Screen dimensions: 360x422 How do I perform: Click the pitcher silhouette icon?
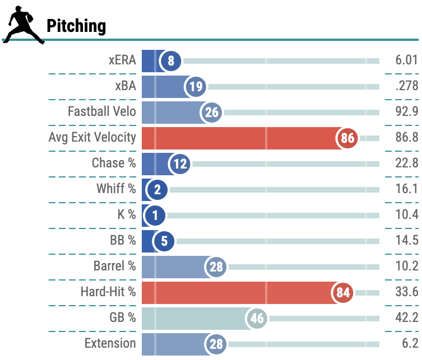(23, 26)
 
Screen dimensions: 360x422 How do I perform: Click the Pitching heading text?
(76, 26)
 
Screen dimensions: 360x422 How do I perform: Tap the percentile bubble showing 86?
(347, 138)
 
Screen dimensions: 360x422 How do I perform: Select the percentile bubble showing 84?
(343, 293)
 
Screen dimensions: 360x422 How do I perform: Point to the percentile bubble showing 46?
(257, 319)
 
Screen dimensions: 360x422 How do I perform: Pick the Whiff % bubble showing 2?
(156, 190)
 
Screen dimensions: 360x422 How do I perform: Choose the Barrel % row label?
(114, 266)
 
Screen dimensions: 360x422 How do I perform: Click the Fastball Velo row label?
(101, 111)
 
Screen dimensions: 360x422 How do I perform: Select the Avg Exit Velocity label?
(92, 137)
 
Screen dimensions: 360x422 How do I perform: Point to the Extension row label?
(110, 343)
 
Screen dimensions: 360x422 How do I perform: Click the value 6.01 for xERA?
(406, 60)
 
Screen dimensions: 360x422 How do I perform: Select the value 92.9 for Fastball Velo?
(406, 112)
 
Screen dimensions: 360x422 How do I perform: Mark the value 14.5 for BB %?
(406, 241)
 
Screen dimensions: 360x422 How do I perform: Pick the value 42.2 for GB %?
(406, 318)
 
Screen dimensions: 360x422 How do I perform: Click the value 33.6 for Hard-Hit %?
(406, 292)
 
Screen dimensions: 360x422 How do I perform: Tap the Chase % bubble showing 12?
(180, 164)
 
